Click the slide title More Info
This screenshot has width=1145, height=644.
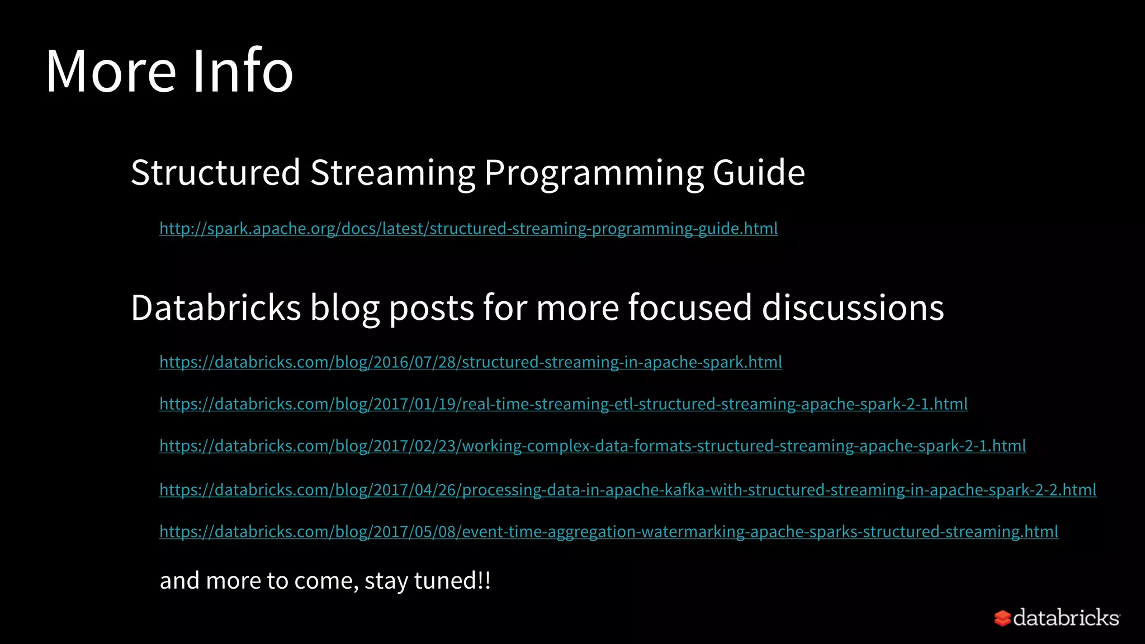pyautogui.click(x=169, y=71)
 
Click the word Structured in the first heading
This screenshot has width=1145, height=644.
pyautogui.click(x=216, y=172)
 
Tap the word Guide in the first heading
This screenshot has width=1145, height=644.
pyautogui.click(x=759, y=172)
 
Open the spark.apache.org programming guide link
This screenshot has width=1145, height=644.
pyautogui.click(x=469, y=229)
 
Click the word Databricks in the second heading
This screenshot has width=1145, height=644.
pyautogui.click(x=216, y=307)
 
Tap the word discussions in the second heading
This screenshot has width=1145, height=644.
pyautogui.click(x=853, y=307)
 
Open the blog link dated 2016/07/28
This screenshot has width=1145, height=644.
pyautogui.click(x=471, y=362)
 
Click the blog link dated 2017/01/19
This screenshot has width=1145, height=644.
pyautogui.click(x=564, y=404)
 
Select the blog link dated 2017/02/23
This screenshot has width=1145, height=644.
pyautogui.click(x=593, y=446)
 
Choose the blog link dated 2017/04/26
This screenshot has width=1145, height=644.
pyautogui.click(x=628, y=490)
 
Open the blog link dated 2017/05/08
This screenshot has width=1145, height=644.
pyautogui.click(x=609, y=532)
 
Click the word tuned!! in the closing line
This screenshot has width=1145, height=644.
pyautogui.click(x=452, y=580)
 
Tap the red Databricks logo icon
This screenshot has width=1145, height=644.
pyautogui.click(x=1002, y=618)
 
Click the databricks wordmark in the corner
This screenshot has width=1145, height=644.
pyautogui.click(x=1066, y=618)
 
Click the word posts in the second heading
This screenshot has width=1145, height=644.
pyautogui.click(x=431, y=309)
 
